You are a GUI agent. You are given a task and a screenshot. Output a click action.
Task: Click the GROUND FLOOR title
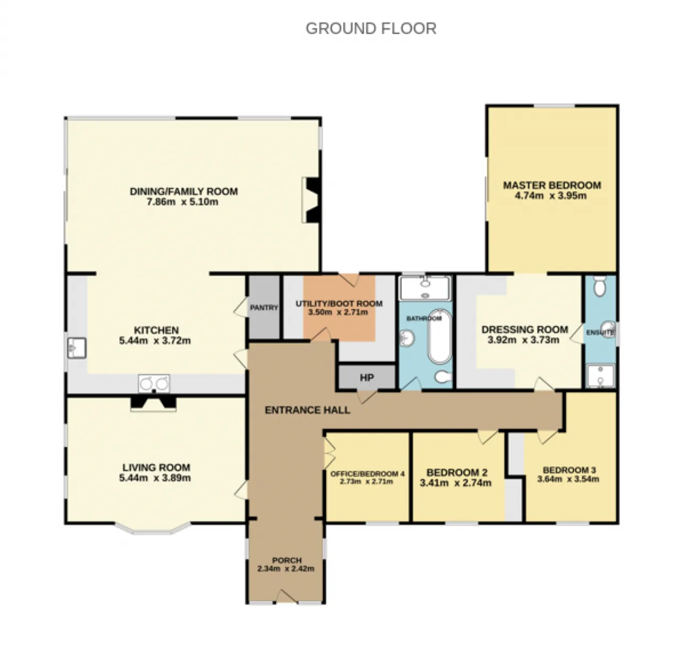(x=371, y=28)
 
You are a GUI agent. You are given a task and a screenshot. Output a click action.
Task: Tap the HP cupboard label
(x=367, y=378)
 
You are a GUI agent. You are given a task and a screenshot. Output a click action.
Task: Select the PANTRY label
(x=264, y=307)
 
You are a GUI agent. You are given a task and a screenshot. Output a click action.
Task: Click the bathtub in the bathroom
(x=440, y=336)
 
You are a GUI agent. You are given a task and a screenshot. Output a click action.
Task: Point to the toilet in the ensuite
(x=599, y=286)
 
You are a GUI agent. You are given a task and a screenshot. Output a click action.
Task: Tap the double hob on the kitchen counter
(x=154, y=383)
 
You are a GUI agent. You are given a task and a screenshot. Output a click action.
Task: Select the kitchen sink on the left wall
(x=77, y=348)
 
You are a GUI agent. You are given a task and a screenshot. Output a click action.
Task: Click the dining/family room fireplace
(x=311, y=200)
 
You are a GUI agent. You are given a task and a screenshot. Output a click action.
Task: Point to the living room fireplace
(x=153, y=403)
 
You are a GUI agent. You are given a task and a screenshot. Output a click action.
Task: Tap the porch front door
(x=286, y=597)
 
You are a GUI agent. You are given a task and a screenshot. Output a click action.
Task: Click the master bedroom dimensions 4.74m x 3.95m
(x=551, y=196)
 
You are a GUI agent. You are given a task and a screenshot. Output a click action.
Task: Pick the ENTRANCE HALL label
(x=307, y=410)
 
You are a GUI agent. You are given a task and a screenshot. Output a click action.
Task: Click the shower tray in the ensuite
(x=601, y=376)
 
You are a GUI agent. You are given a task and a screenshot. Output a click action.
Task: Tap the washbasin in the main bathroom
(x=408, y=338)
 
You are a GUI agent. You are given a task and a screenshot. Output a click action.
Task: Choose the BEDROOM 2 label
(x=457, y=473)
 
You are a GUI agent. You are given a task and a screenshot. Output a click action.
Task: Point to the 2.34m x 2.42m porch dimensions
(x=286, y=569)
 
